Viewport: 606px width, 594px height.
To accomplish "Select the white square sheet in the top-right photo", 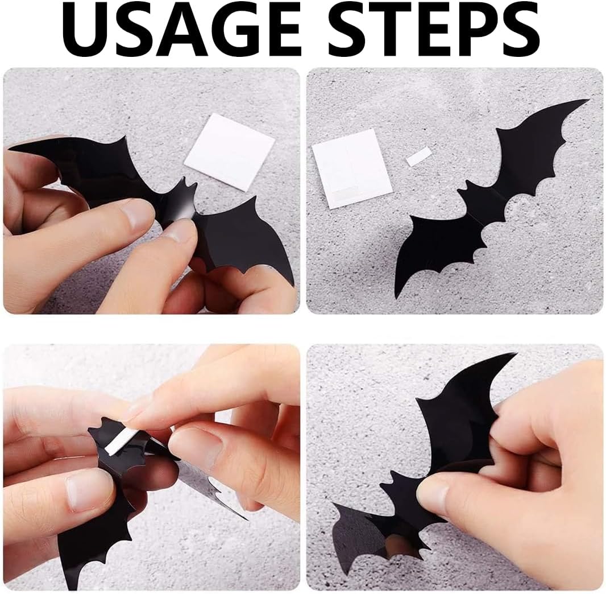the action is (x=352, y=168).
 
